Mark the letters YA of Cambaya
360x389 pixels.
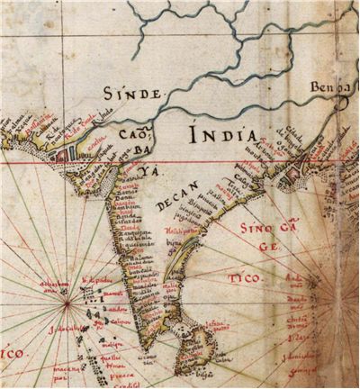coord(142,176)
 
